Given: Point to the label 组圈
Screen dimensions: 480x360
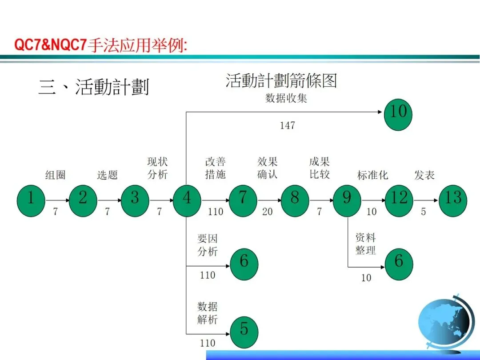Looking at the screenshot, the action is click(56, 175).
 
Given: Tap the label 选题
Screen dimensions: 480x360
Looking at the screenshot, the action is click(108, 175).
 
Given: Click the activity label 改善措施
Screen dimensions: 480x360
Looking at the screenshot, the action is click(216, 168).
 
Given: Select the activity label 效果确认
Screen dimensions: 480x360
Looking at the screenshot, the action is click(268, 168).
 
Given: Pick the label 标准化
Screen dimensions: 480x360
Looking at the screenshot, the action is click(372, 175).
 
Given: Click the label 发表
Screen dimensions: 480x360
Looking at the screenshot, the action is click(424, 175).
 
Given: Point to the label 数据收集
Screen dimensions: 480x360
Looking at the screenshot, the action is click(286, 98).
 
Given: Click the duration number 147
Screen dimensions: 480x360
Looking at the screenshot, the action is click(287, 126).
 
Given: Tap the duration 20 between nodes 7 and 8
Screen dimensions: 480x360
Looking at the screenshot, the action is click(267, 212).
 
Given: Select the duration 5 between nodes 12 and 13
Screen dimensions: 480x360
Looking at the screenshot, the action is click(424, 212).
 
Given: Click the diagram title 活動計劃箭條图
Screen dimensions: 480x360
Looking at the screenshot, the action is click(281, 81).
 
